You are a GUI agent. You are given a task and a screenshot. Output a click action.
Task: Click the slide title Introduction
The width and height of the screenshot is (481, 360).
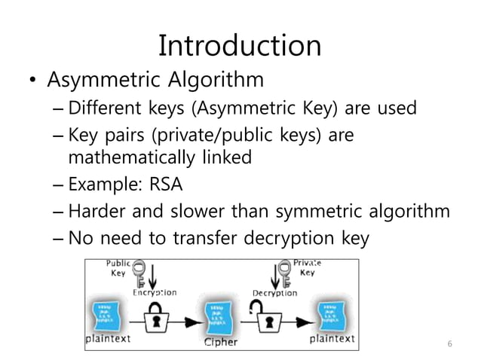click(x=240, y=46)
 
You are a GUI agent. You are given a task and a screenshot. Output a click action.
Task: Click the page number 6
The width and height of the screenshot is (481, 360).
click(x=449, y=344)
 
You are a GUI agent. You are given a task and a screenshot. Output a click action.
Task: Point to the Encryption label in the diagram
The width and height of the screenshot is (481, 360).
click(x=155, y=292)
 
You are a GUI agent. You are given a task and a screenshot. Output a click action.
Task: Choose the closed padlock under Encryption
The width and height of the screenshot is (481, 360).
click(x=156, y=317)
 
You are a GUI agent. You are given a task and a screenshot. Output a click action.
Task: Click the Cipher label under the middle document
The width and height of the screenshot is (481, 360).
click(x=220, y=342)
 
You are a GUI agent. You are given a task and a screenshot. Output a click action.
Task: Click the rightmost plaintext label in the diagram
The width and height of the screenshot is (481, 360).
click(x=332, y=339)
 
